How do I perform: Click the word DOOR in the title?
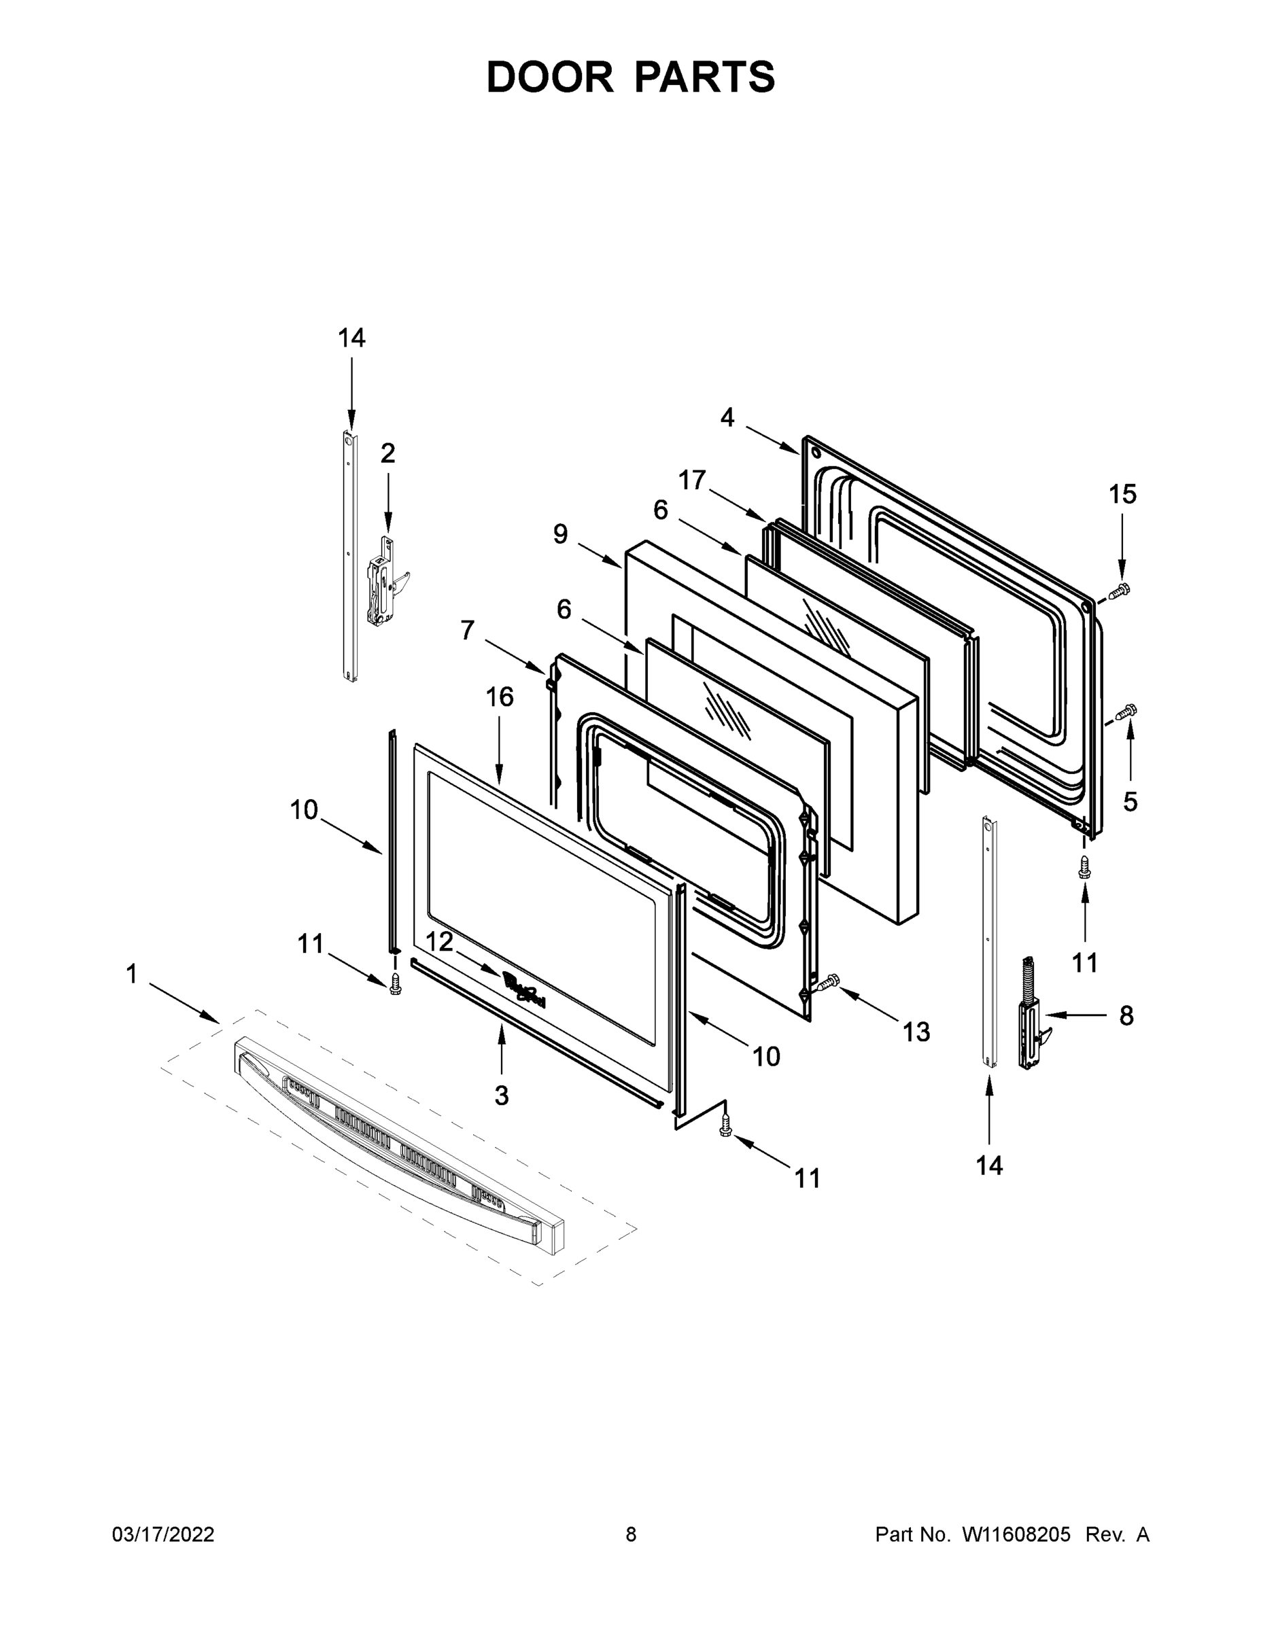click(549, 77)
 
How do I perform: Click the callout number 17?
click(692, 480)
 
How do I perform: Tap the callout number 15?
click(1122, 493)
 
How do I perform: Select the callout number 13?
click(916, 1032)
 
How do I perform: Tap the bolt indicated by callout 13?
click(828, 984)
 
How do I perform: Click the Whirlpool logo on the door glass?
click(523, 990)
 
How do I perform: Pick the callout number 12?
click(439, 943)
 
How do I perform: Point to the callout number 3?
click(501, 1095)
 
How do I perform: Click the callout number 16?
click(500, 697)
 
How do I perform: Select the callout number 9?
click(560, 534)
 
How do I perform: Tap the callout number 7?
click(468, 630)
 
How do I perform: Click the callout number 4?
click(727, 417)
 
